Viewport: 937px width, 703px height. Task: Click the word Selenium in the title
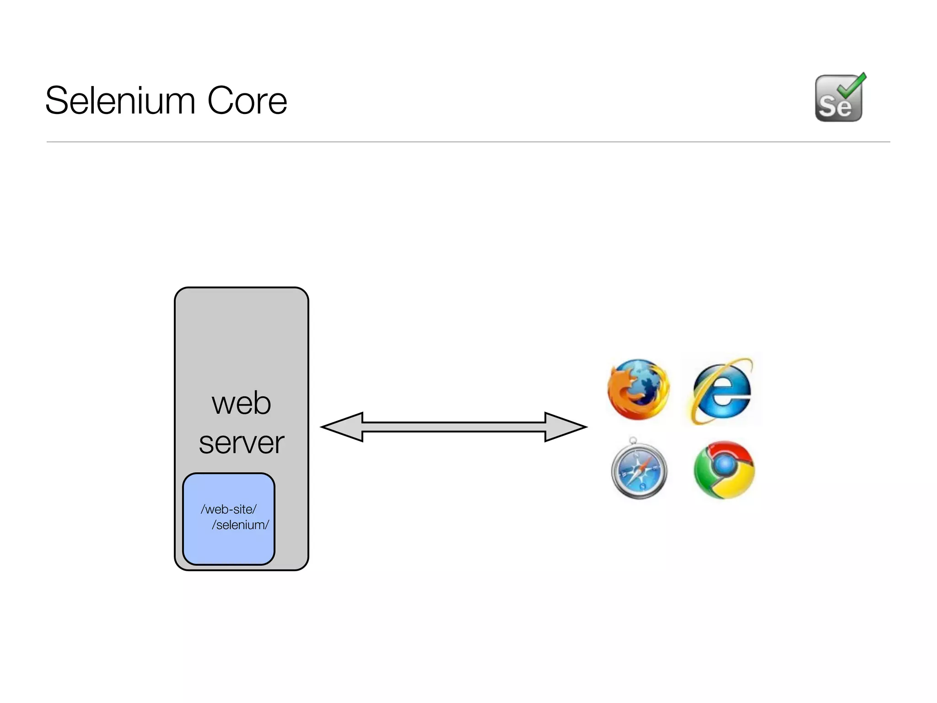(x=121, y=101)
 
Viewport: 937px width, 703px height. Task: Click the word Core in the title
(x=247, y=101)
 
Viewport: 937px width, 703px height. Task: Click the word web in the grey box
(x=241, y=404)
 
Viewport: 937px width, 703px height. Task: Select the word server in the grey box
(x=241, y=443)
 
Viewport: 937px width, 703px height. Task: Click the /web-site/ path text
(x=228, y=509)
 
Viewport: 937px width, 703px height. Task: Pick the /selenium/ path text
(x=240, y=525)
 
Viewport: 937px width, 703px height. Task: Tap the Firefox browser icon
(x=638, y=389)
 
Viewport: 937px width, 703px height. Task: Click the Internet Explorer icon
(x=722, y=390)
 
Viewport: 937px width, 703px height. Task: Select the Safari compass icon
(x=639, y=470)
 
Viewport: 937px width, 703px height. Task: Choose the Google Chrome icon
(x=724, y=470)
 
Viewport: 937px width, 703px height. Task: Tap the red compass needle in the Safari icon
(x=645, y=462)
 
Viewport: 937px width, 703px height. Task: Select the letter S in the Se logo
(x=827, y=107)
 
